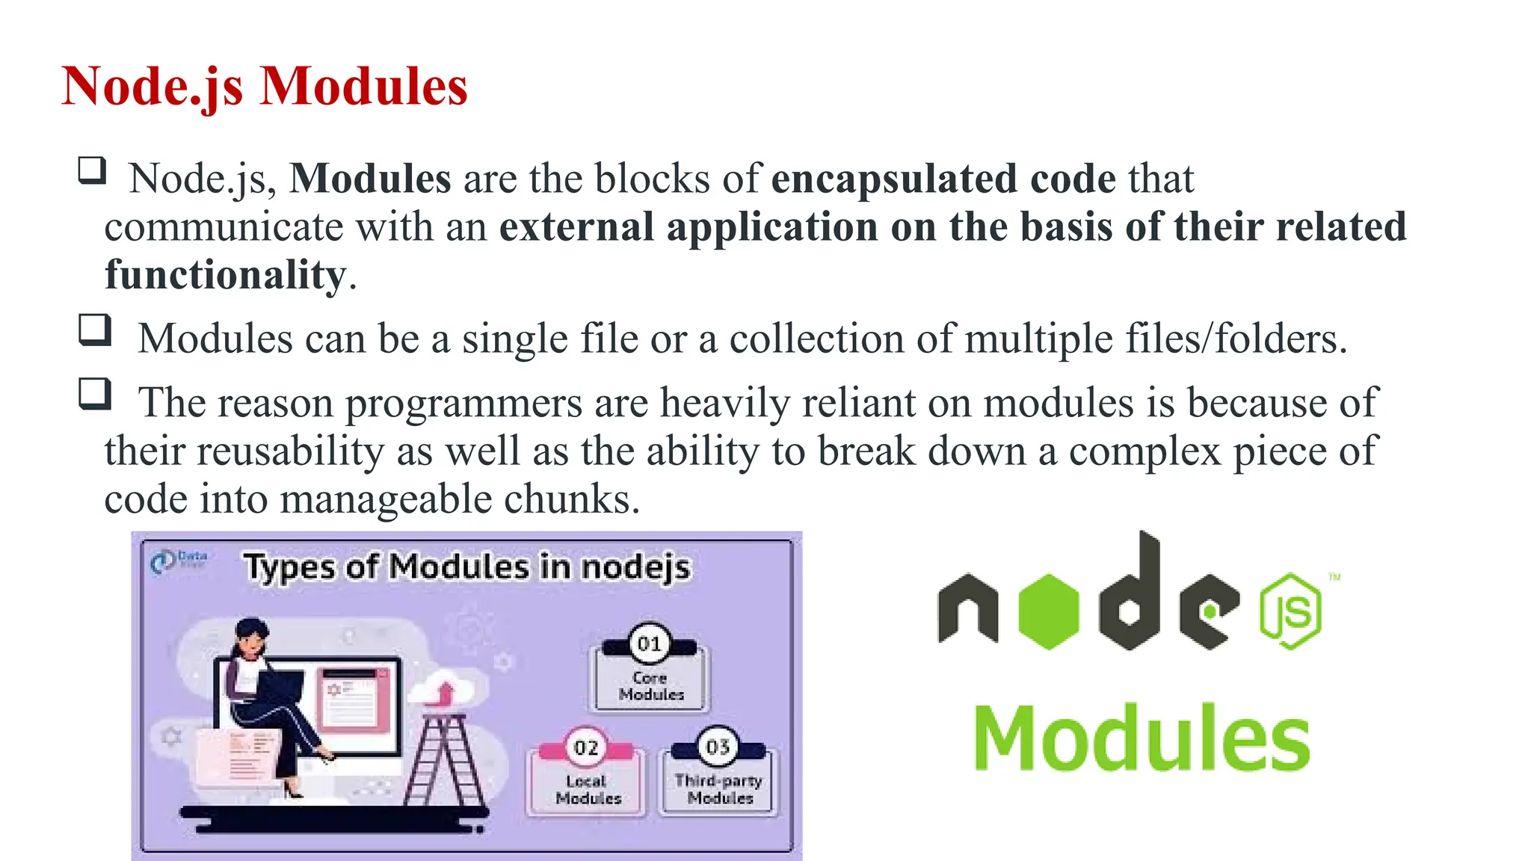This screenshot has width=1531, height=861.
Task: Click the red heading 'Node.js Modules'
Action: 265,87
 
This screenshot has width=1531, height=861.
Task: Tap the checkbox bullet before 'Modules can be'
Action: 95,330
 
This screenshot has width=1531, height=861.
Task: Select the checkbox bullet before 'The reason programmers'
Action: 95,394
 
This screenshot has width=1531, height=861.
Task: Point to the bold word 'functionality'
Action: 225,275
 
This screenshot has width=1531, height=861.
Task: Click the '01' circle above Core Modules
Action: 649,644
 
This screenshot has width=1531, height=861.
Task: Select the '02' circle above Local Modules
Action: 586,747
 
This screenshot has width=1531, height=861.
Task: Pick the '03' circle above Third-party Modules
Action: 718,746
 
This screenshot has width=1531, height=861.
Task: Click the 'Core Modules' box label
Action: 650,686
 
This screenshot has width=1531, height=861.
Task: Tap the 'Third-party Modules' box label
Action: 719,789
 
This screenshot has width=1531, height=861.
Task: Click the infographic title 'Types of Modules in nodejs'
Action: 467,567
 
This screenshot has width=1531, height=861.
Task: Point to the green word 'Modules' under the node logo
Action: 1142,738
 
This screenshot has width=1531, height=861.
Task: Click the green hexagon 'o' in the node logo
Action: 1049,611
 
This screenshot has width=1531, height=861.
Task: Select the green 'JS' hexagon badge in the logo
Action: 1291,611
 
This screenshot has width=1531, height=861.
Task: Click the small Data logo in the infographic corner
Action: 178,560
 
